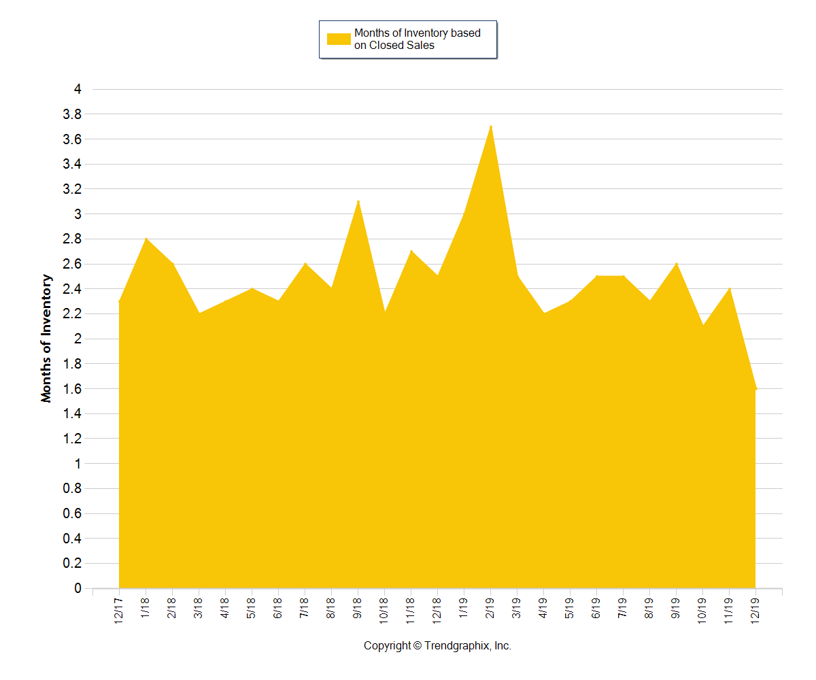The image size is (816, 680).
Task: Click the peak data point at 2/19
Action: point(491,127)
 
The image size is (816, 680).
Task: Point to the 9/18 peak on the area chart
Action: point(358,202)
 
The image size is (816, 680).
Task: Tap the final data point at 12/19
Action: point(755,389)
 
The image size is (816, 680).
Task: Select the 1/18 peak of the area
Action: point(146,239)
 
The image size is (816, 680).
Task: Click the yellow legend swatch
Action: point(338,39)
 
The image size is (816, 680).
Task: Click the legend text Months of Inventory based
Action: point(417,33)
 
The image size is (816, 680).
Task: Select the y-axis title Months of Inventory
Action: point(46,339)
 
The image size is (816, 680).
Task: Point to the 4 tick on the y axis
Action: point(78,89)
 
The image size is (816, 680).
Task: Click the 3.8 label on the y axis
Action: point(72,114)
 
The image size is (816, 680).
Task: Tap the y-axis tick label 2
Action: point(78,339)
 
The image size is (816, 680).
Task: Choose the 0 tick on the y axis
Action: point(78,588)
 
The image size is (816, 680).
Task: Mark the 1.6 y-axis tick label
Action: point(72,389)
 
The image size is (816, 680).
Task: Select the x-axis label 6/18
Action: point(278,608)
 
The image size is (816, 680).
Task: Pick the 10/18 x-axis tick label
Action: point(384,609)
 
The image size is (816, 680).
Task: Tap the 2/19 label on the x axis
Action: point(490,608)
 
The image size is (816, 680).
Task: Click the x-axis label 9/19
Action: point(676,608)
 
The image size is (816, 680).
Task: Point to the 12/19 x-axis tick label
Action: point(755,609)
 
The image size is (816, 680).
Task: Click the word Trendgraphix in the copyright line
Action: point(457,646)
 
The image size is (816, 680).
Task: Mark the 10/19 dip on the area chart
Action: point(702,325)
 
